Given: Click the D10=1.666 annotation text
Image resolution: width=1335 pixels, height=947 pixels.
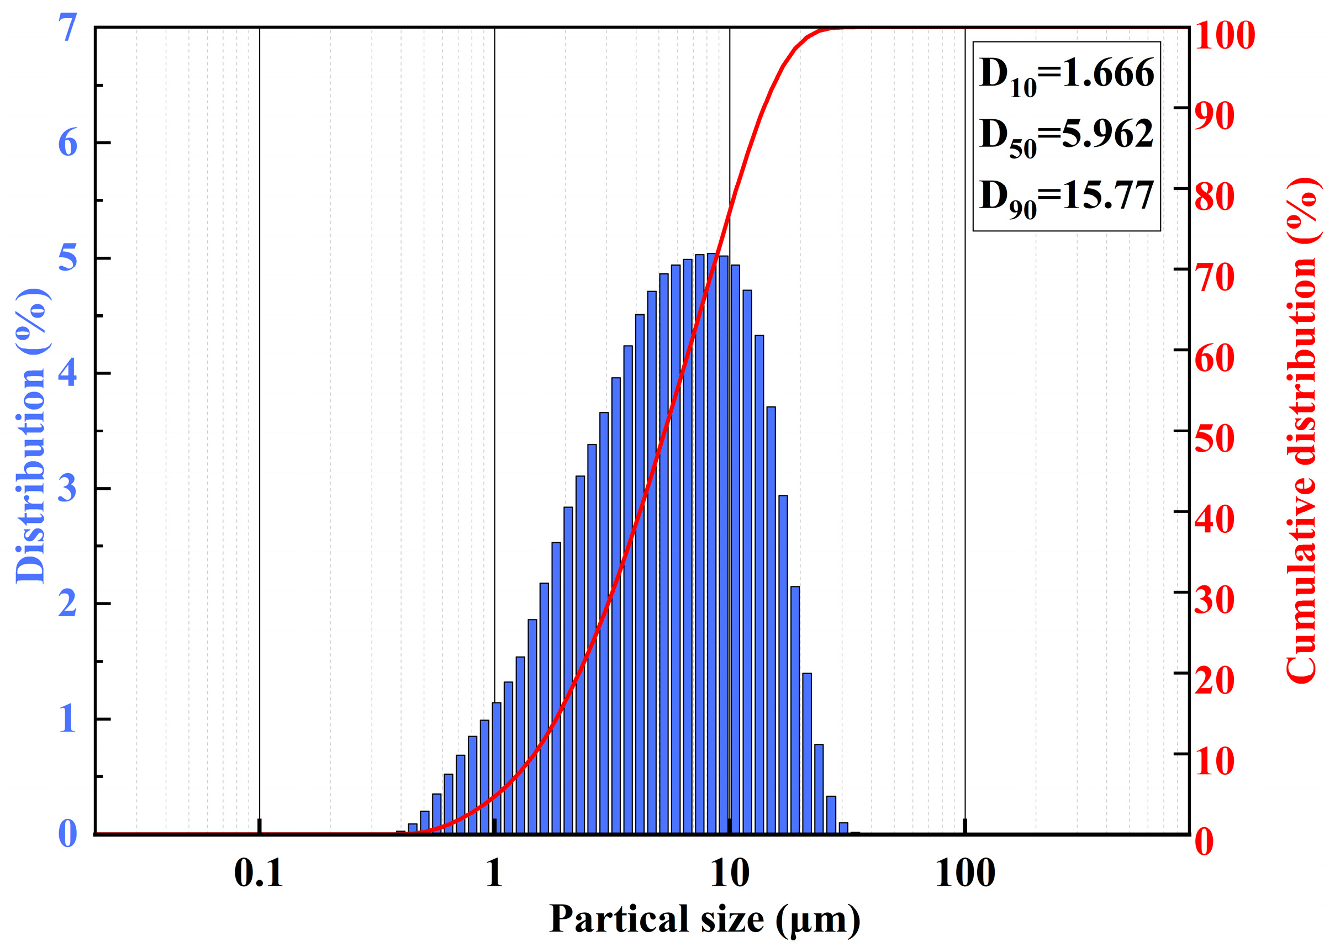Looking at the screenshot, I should (x=1066, y=75).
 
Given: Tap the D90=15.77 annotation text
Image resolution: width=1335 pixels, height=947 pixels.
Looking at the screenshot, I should (x=1066, y=197).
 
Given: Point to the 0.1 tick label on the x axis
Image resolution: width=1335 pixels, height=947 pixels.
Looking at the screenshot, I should (x=258, y=874).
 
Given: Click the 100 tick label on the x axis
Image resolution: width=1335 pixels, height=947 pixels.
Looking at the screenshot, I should (x=965, y=874).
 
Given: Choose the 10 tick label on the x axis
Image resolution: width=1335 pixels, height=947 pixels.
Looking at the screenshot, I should (x=730, y=874).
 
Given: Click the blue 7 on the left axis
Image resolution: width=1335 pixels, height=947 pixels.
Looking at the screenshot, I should (x=67, y=28).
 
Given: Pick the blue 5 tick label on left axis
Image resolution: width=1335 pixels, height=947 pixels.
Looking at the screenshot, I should (x=67, y=258).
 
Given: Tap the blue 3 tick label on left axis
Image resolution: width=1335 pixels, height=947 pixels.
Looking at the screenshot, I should (x=67, y=488).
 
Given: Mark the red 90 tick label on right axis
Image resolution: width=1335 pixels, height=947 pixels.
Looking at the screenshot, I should (x=1214, y=115).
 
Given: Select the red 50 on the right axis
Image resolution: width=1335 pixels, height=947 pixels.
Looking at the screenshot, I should (x=1214, y=438).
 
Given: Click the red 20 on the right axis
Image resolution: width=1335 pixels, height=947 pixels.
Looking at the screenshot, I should (x=1214, y=680).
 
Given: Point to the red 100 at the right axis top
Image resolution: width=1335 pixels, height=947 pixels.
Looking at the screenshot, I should (x=1224, y=35).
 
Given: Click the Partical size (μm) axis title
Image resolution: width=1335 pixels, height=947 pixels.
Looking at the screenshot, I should (x=705, y=920).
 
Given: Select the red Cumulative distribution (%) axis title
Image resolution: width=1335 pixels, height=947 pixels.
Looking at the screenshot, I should (x=1302, y=431).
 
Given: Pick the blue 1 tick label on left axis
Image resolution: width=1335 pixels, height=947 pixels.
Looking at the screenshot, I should (x=67, y=718).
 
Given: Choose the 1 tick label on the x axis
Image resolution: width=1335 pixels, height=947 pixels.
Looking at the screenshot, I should (x=494, y=874).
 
